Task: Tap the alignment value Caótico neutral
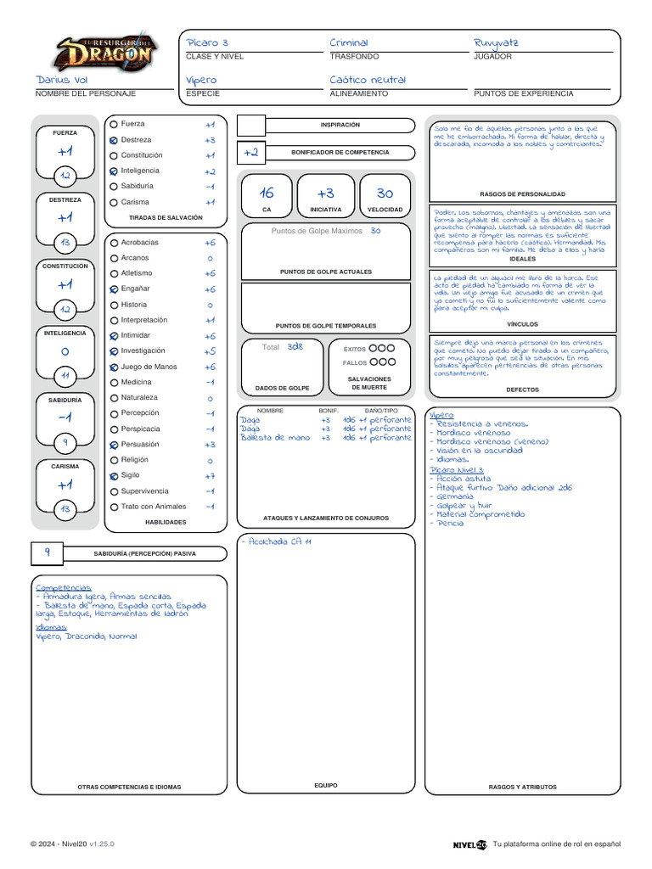(x=368, y=80)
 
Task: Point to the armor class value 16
(x=267, y=193)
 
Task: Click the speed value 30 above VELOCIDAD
(x=385, y=193)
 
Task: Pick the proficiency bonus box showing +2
(x=250, y=153)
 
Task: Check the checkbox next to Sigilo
(x=113, y=476)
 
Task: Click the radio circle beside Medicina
(x=113, y=383)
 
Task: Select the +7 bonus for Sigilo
(x=210, y=476)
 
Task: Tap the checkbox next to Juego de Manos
(x=113, y=367)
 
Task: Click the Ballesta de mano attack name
(x=275, y=438)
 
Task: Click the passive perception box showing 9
(x=48, y=552)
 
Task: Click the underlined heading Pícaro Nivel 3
(x=457, y=469)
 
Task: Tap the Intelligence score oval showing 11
(x=65, y=375)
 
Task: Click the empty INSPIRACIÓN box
(x=250, y=126)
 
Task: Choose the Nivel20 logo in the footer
(x=470, y=844)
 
